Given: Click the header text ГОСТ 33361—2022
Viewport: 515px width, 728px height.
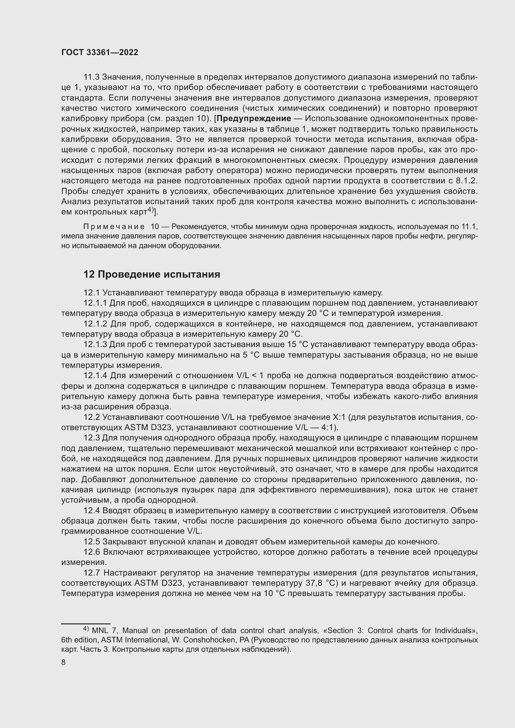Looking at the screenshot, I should [x=100, y=53].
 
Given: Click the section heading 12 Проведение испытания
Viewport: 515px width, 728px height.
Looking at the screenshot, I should [x=152, y=274].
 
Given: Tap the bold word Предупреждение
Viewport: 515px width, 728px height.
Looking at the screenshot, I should [x=254, y=119].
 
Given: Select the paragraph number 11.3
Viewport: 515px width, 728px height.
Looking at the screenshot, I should [x=91, y=77].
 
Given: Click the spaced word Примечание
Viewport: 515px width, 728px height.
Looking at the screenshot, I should [x=114, y=227].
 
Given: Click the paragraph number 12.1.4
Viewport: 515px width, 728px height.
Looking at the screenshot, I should [x=96, y=376].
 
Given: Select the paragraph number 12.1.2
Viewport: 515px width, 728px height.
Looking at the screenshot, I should [x=96, y=324].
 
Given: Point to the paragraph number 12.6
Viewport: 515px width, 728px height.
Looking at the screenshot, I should [x=92, y=552].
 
